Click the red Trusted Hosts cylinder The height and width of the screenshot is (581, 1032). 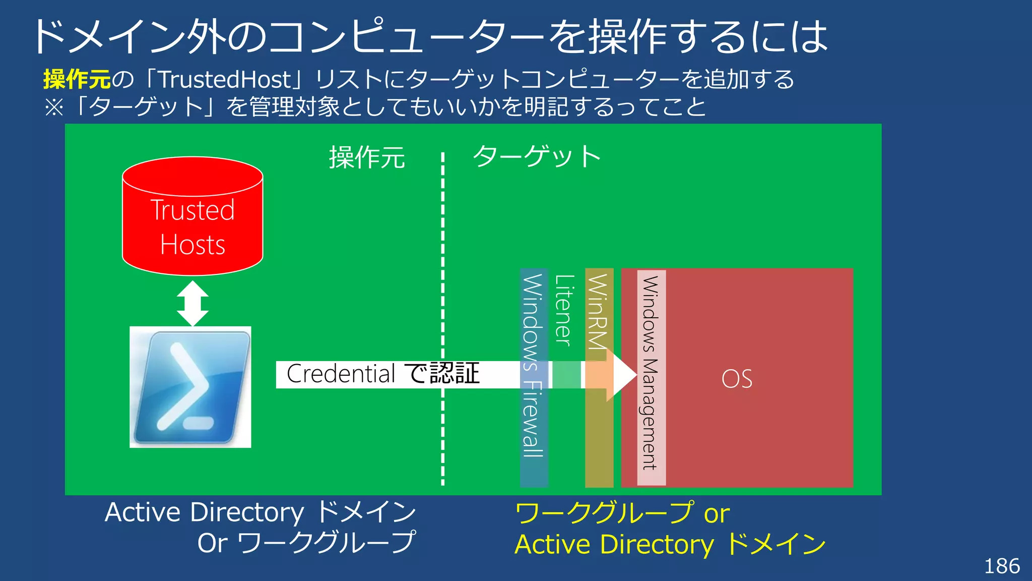(x=192, y=217)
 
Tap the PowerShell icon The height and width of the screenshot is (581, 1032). (x=190, y=387)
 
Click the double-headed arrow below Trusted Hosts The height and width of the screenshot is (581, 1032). (x=192, y=304)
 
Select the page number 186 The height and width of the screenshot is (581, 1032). (x=1002, y=566)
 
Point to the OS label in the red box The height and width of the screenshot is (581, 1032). (x=737, y=379)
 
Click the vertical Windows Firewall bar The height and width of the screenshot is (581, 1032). (x=533, y=429)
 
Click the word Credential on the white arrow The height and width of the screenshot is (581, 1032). (x=341, y=374)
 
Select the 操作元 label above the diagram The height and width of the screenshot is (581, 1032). (x=367, y=157)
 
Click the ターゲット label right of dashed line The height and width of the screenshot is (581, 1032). (x=537, y=156)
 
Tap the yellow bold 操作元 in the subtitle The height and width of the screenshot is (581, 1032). (x=77, y=79)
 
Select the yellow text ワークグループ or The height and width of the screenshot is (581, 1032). (x=622, y=513)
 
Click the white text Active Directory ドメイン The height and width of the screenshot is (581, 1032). (x=260, y=512)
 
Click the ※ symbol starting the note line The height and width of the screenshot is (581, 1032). (x=54, y=107)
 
